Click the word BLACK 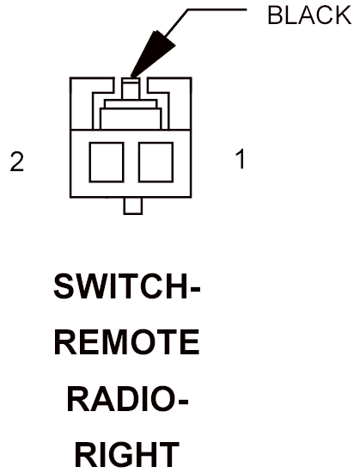309,15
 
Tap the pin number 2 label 17,162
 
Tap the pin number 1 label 241,159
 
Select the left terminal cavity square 107,163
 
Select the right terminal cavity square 156,163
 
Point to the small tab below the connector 133,206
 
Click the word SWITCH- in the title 127,286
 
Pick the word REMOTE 127,342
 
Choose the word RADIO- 128,398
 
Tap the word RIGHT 127,455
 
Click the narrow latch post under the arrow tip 131,89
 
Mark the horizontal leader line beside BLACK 217,9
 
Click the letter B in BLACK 275,15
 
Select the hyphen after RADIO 184,402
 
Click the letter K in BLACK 343,15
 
